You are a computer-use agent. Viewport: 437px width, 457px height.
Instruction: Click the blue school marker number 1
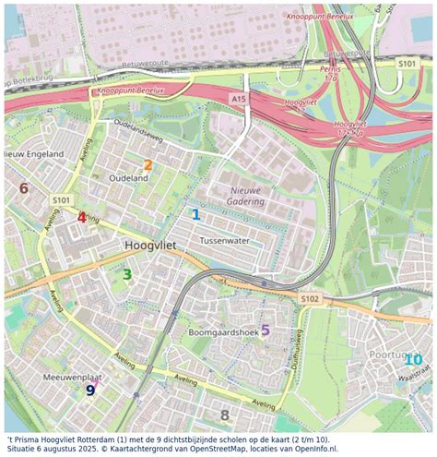pyautogui.click(x=195, y=214)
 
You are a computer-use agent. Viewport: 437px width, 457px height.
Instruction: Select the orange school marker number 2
pyautogui.click(x=148, y=165)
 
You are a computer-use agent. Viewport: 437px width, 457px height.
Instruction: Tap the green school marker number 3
pyautogui.click(x=127, y=273)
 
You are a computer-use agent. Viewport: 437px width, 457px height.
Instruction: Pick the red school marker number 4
pyautogui.click(x=82, y=218)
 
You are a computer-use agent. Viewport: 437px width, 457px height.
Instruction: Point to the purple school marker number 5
pyautogui.click(x=266, y=330)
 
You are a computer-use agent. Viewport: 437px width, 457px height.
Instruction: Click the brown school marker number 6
pyautogui.click(x=24, y=188)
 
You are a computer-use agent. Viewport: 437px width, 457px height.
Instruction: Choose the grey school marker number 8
pyautogui.click(x=225, y=415)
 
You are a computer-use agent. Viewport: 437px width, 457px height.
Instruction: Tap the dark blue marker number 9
pyautogui.click(x=90, y=390)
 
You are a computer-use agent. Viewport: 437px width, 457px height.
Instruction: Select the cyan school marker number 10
pyautogui.click(x=413, y=360)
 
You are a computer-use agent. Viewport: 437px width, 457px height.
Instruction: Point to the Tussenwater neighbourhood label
pyautogui.click(x=225, y=240)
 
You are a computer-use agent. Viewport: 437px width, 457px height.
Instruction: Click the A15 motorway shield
pyautogui.click(x=240, y=98)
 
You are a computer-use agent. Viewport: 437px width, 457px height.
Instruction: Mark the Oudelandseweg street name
pyautogui.click(x=137, y=133)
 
